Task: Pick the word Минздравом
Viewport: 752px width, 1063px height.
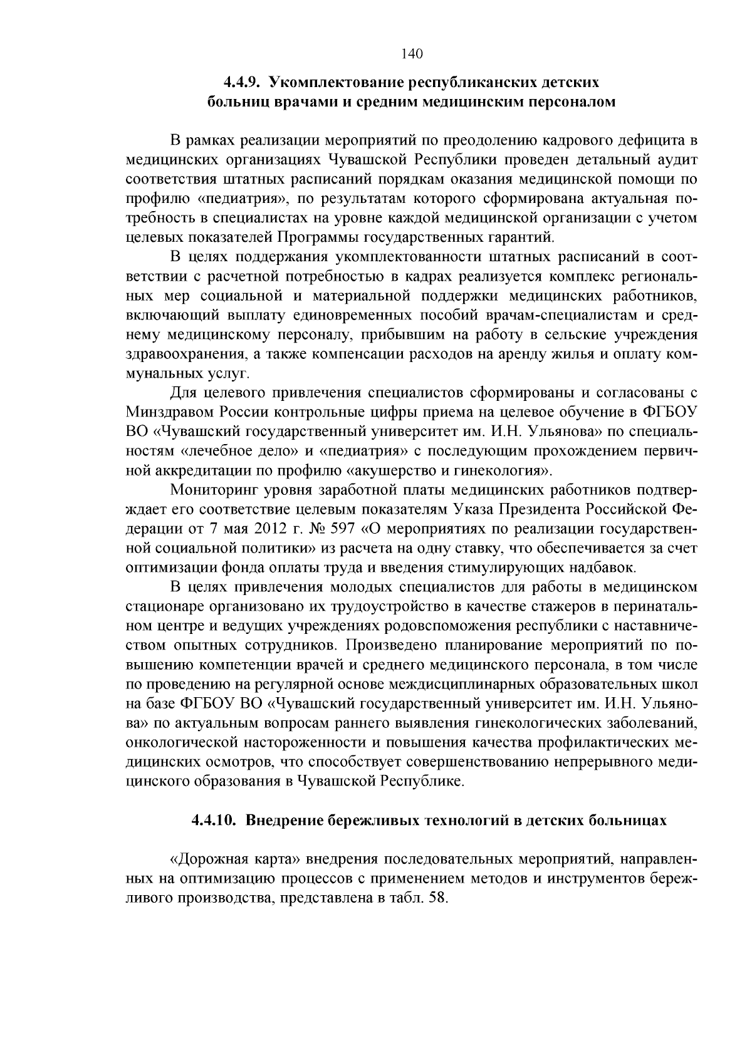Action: pyautogui.click(x=167, y=412)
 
